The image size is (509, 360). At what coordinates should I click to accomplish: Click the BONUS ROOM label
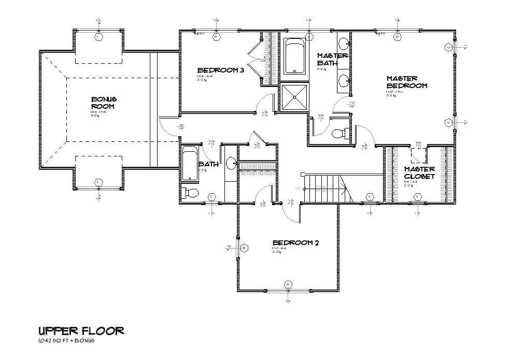(104, 103)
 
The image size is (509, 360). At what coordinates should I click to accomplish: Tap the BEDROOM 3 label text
(220, 70)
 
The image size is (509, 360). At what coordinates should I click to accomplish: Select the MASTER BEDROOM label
(406, 82)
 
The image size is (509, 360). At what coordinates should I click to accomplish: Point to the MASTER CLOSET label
(419, 172)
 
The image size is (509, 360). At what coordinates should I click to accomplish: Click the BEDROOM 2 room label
(295, 242)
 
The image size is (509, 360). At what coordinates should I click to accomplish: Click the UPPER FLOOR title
(81, 330)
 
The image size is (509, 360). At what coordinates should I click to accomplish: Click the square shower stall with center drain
(293, 97)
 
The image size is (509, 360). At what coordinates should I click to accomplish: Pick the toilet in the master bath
(339, 134)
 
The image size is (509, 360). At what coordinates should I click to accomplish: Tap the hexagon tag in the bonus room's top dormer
(98, 37)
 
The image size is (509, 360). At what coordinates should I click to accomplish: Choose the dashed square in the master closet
(418, 155)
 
